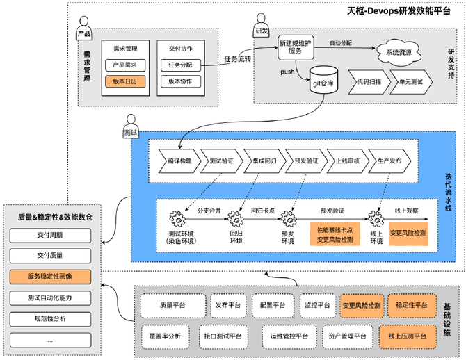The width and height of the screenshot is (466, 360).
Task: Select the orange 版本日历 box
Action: pyautogui.click(x=125, y=81)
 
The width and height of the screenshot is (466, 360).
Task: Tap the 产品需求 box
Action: pyautogui.click(x=125, y=65)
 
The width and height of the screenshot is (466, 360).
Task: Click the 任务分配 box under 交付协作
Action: pyautogui.click(x=180, y=65)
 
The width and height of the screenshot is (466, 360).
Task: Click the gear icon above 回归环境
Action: pyautogui.click(x=236, y=218)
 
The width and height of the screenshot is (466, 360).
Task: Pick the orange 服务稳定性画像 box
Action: pyautogui.click(x=50, y=277)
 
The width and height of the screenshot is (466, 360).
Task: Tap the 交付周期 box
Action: pyautogui.click(x=50, y=235)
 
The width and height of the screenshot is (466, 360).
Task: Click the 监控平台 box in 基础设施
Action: pyautogui.click(x=316, y=305)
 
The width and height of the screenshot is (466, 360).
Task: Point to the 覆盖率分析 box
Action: pyautogui.click(x=165, y=336)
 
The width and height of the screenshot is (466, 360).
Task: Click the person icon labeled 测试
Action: pyautogui.click(x=130, y=123)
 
